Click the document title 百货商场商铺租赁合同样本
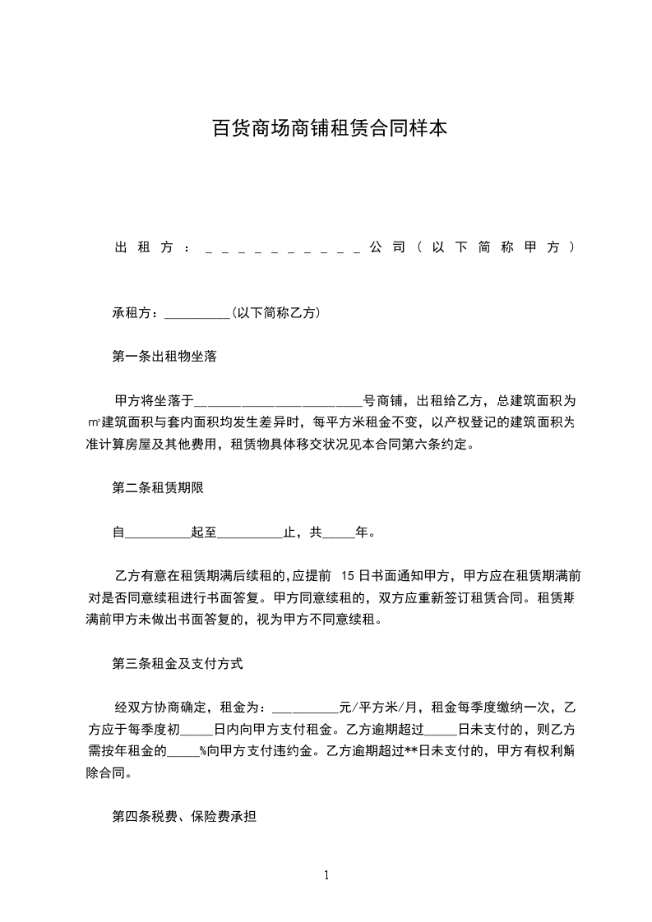(x=330, y=129)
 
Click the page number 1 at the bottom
(x=326, y=875)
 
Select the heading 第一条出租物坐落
(x=164, y=357)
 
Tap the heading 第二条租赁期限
(x=158, y=487)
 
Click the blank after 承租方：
(x=198, y=314)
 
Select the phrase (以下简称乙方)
(x=276, y=313)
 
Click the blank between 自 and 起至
(x=157, y=532)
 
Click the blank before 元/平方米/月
(x=304, y=707)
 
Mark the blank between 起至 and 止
(x=250, y=532)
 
